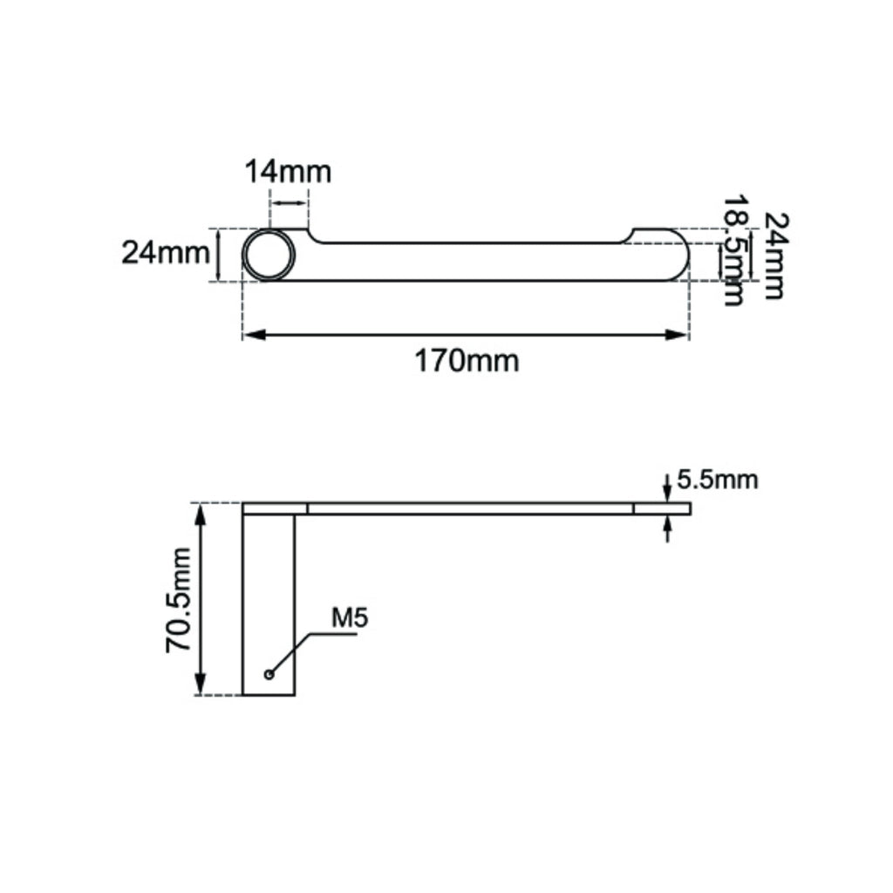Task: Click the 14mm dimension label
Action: pos(288,172)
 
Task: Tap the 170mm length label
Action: pos(467,361)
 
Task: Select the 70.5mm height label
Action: pos(178,600)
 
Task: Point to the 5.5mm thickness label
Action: pos(718,481)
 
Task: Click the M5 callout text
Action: pos(350,618)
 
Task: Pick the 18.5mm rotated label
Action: pos(733,250)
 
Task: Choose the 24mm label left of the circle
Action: pos(166,253)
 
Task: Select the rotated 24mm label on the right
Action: pos(775,256)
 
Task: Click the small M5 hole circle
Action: pos(269,675)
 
